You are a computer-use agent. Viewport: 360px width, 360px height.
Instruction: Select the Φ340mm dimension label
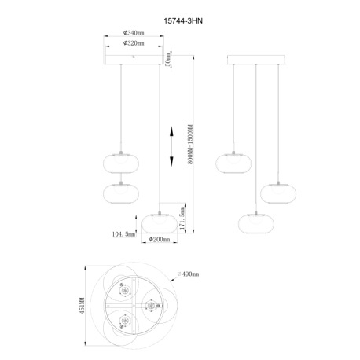click(134, 33)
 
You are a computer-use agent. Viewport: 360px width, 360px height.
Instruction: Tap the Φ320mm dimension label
click(134, 44)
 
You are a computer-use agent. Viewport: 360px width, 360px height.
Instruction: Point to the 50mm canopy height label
click(168, 58)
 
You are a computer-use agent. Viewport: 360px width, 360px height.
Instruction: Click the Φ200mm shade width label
click(160, 239)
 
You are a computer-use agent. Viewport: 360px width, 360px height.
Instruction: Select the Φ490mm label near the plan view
click(189, 274)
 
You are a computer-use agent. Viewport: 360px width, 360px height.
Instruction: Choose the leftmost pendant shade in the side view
click(233, 161)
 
